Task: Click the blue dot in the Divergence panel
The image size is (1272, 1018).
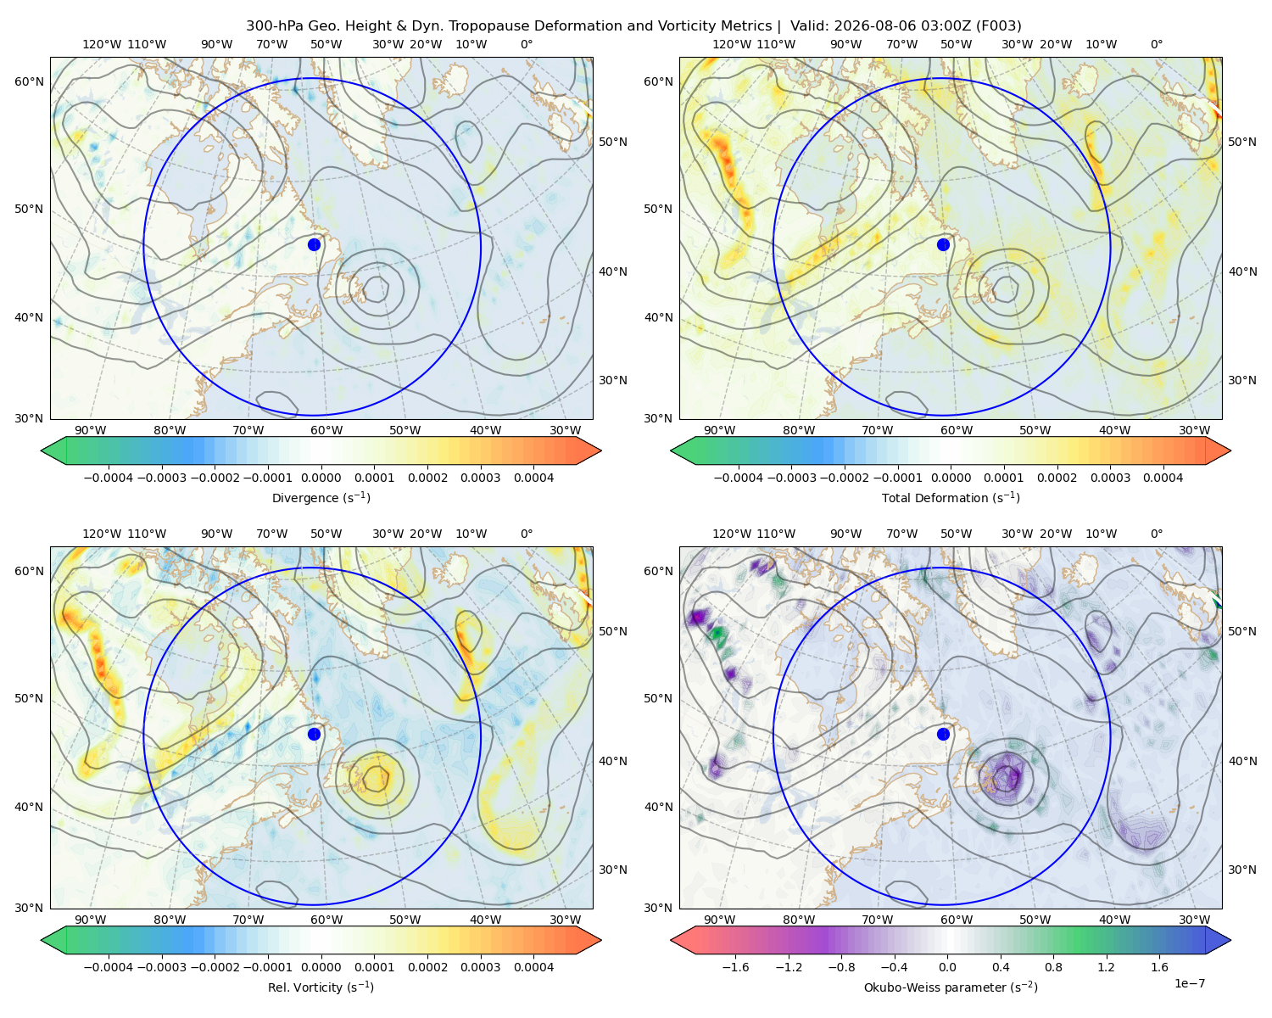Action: point(314,244)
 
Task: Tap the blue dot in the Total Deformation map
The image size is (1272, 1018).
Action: point(943,244)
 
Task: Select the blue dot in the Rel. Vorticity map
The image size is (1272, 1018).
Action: point(314,734)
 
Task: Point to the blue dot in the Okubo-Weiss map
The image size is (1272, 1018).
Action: point(943,734)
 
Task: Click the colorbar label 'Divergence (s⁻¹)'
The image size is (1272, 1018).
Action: point(321,497)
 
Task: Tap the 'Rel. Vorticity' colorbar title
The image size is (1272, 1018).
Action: point(304,987)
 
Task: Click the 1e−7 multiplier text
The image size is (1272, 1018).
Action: point(1189,983)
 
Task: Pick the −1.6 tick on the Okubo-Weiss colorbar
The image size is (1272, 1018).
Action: point(735,967)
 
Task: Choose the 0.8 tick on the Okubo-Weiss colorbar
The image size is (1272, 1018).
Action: point(1053,967)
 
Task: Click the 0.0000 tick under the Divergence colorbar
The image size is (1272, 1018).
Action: point(321,478)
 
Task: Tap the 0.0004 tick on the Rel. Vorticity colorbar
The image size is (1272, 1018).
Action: point(533,967)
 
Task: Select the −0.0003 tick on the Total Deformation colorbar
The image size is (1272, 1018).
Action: point(791,478)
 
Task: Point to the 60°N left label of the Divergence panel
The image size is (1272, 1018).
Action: point(29,81)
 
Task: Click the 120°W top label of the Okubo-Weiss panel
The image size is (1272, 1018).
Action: point(732,534)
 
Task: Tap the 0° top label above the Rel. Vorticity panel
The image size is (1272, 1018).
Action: point(527,534)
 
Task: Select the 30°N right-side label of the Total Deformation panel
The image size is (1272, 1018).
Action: point(1242,380)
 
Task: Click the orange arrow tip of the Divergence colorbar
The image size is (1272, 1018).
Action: point(600,450)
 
